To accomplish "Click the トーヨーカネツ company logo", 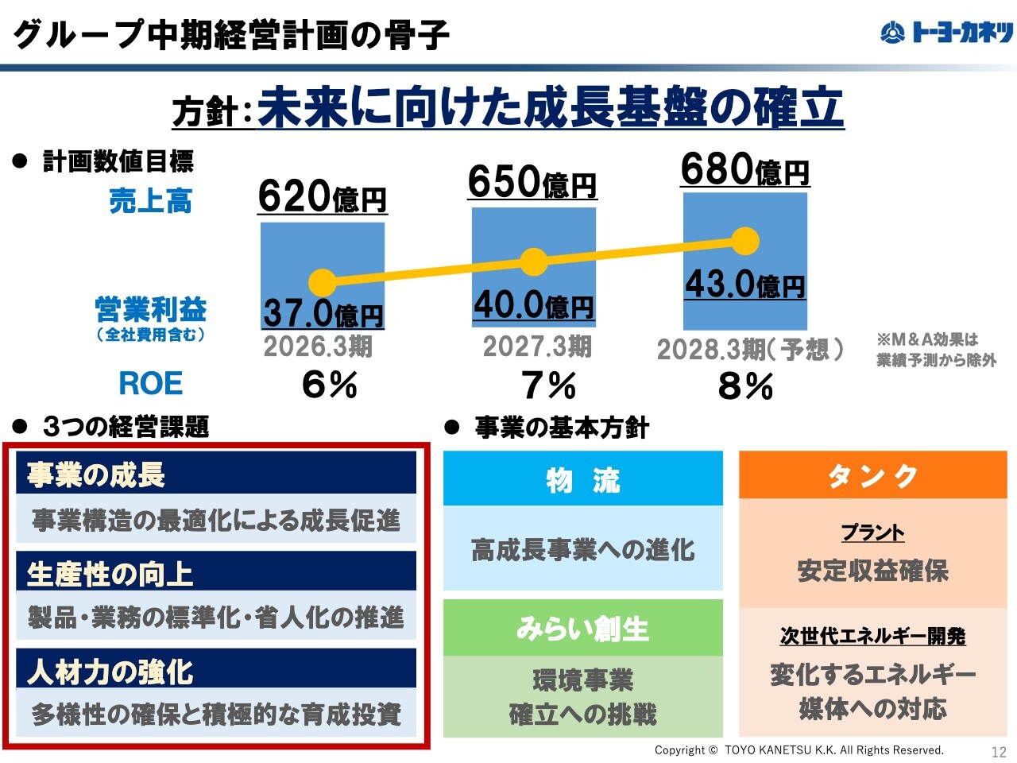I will click(946, 33).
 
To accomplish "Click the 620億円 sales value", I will click(322, 196).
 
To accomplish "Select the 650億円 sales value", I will click(532, 181).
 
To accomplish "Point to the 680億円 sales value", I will click(744, 169).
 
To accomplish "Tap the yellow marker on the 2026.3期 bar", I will click(323, 282).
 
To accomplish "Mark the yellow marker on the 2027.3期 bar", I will click(534, 261).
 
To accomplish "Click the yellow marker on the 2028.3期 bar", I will click(745, 241).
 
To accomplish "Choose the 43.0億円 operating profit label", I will click(744, 284).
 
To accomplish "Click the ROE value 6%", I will click(329, 385).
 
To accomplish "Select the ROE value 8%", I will click(745, 386).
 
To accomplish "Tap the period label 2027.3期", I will click(537, 347).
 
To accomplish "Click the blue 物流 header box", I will click(582, 479).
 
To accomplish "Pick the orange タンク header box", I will click(872, 475).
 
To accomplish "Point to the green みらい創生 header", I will click(582, 628).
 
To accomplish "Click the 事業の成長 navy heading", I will click(216, 474).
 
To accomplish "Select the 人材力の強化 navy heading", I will click(216, 671).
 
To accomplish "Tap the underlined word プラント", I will click(872, 532).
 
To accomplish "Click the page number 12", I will click(999, 751).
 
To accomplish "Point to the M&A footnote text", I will click(935, 350).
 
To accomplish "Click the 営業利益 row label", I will click(150, 310).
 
